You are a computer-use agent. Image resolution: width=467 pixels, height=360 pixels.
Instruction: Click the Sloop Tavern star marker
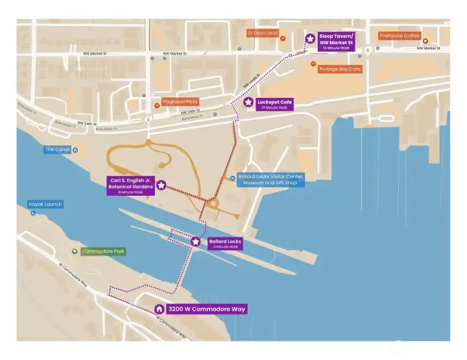pos(310,39)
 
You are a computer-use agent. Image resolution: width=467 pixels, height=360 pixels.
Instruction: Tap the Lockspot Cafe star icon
pos(248,102)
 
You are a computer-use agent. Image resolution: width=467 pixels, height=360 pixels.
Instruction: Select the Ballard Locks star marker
pos(196,241)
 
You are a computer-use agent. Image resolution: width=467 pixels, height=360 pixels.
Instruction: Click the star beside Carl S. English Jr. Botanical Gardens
pos(161,185)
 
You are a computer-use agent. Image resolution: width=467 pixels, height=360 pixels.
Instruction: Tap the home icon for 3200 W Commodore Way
pos(159,309)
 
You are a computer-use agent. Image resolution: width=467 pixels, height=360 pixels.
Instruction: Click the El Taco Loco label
pos(262,32)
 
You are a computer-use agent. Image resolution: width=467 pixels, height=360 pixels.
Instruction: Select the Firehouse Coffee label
pos(400,36)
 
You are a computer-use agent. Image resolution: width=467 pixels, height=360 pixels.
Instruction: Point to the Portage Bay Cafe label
pos(339,69)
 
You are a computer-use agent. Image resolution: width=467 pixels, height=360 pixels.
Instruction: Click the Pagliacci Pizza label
pos(180,102)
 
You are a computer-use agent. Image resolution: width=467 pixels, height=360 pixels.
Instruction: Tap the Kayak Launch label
pos(45,204)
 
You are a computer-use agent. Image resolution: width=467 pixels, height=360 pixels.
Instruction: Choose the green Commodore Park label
pos(102,251)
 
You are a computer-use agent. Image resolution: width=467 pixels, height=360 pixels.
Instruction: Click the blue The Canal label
pos(57,150)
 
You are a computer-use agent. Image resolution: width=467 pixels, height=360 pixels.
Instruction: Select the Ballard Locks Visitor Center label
pos(270,180)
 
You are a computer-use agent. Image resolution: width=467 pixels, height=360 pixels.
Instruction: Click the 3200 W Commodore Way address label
pos(206,309)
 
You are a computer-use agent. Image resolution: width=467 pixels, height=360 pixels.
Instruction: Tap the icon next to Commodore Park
pos(75,251)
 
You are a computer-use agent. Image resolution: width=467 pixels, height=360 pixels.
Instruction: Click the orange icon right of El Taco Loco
pos(283,39)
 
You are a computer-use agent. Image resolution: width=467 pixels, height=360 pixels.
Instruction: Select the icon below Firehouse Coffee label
pos(425,41)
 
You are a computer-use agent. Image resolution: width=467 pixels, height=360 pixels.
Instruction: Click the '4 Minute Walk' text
pos(224,246)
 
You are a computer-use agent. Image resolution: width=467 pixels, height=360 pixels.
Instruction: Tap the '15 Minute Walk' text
pos(335,48)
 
